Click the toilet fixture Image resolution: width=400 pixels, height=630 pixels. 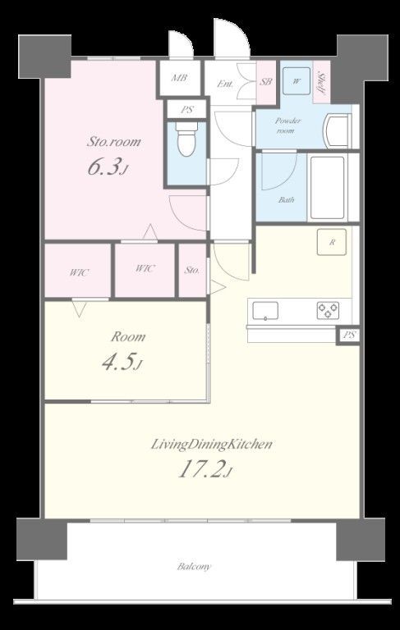point(186,139)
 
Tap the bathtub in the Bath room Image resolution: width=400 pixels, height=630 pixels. point(328,188)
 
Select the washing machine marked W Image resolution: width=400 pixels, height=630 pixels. point(297,81)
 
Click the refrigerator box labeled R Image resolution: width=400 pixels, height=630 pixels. point(332,242)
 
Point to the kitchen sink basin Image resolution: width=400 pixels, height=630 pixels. point(265,311)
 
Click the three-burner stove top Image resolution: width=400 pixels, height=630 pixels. point(328,310)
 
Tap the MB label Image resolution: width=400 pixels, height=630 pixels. point(179,78)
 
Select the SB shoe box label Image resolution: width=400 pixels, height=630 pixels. point(265,82)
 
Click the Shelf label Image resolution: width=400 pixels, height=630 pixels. point(321,83)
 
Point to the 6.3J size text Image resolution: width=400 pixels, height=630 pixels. point(108,167)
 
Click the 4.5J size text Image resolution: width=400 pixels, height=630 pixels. point(122,362)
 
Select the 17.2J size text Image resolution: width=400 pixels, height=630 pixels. point(205,469)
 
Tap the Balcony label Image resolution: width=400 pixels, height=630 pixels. point(194,567)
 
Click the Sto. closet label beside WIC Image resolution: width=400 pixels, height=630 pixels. point(192,271)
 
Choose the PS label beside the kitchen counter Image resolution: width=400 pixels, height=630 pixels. point(349,335)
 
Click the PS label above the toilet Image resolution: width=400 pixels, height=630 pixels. point(186,109)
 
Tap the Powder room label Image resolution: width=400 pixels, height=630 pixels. point(287,126)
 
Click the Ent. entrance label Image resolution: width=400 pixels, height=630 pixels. point(225,84)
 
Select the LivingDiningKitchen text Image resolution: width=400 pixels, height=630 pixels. point(212,445)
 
